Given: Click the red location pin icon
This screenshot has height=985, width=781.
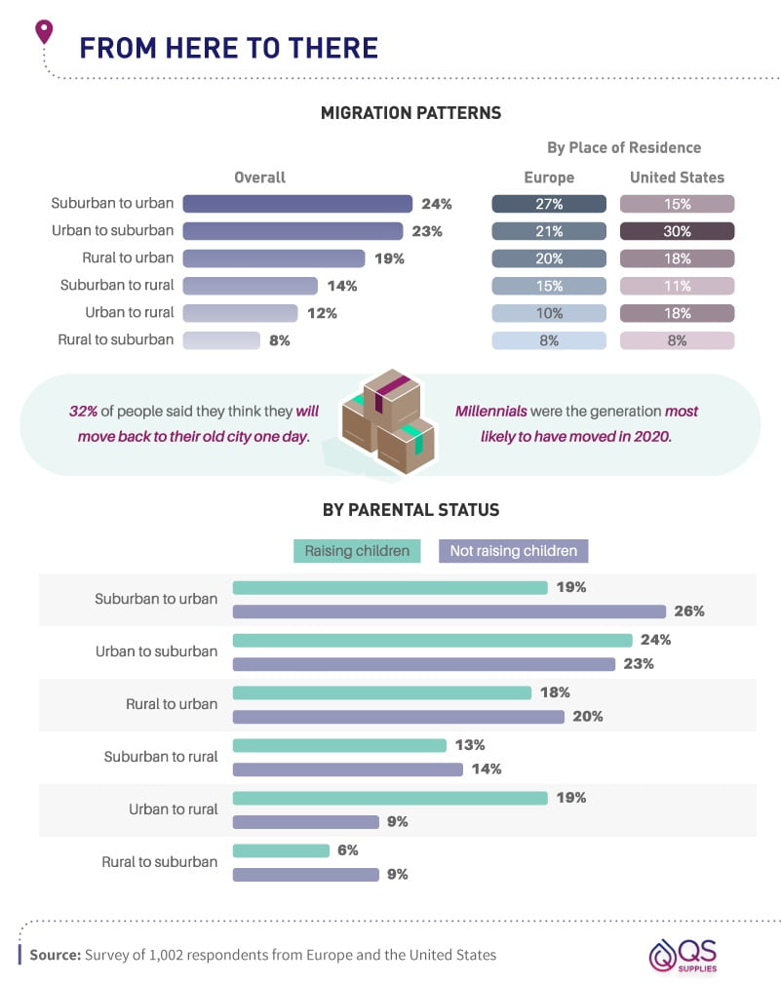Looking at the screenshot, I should [x=43, y=32].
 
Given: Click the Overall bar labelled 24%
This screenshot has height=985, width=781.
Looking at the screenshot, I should [x=297, y=204].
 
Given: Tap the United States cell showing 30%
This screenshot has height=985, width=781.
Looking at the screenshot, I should [x=677, y=231].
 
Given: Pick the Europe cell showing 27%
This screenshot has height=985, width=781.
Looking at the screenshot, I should [x=549, y=204].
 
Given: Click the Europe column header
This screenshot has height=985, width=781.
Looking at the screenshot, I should [x=549, y=177].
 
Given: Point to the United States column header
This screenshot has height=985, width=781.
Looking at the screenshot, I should [x=677, y=177].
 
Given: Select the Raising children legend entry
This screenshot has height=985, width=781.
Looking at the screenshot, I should [x=357, y=551].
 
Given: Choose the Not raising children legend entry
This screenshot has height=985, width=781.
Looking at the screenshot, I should [x=513, y=551].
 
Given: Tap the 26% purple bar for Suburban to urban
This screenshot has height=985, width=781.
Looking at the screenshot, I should [x=449, y=611].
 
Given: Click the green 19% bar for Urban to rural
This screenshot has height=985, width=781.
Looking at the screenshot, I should [x=390, y=798].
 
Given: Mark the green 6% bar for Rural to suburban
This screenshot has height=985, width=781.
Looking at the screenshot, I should [x=281, y=850].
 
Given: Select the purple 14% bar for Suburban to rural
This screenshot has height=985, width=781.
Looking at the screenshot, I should [x=347, y=769].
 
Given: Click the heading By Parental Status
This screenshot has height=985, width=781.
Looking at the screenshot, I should [x=410, y=510].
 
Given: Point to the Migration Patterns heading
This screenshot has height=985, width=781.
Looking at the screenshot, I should [x=410, y=113].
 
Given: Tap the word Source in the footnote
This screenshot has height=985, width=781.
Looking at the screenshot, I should [x=55, y=955].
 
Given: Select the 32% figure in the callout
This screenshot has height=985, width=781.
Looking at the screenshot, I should [x=84, y=411].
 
